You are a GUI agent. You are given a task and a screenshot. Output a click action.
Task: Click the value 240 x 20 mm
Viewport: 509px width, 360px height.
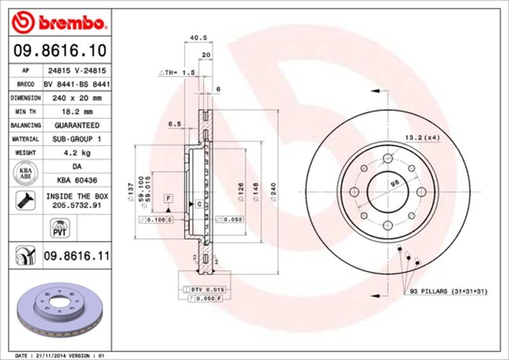[x=76, y=98]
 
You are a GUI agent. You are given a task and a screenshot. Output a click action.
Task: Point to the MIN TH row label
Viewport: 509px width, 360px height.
[x=24, y=112]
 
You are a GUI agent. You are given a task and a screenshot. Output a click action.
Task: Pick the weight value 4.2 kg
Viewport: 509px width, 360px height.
[x=76, y=153]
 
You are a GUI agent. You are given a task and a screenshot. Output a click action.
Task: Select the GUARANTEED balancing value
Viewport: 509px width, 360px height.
[x=76, y=125]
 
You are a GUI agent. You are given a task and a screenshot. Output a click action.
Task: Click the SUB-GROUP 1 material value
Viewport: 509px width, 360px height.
[x=76, y=139]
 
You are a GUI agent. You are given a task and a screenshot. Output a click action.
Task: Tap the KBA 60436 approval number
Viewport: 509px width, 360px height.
[x=76, y=181]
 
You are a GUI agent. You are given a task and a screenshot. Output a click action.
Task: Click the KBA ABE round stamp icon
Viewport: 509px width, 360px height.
[x=24, y=174]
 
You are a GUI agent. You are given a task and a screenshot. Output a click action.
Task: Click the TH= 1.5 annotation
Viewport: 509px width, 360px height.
[x=176, y=73]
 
